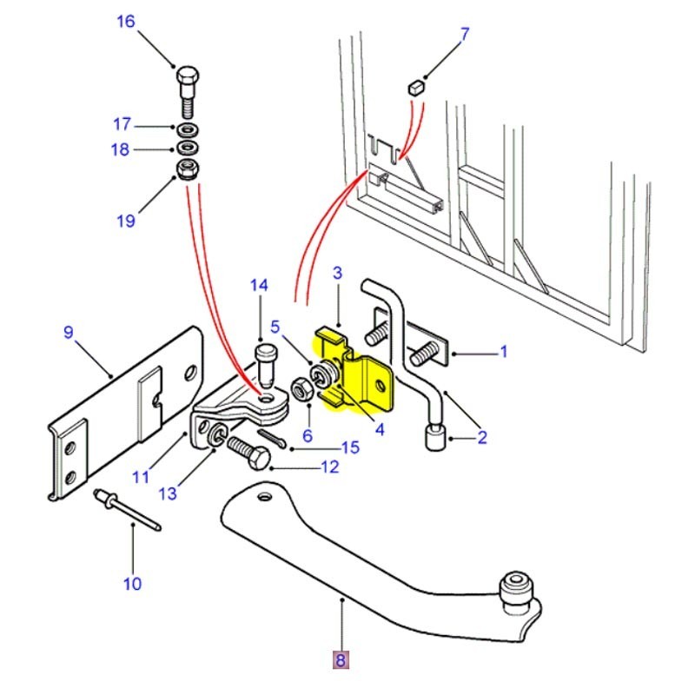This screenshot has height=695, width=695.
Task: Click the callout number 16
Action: pos(126,21)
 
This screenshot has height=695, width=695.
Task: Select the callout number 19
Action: pos(126,221)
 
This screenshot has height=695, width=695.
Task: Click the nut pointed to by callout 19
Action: pos(187,168)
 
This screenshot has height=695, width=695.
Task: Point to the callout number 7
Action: pos(464,35)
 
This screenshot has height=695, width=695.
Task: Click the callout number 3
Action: pos(339,274)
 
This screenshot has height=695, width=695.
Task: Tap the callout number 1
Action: pos(502,353)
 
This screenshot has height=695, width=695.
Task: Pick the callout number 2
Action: pos(481,438)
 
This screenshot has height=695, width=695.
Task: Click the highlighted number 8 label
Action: pos(340,661)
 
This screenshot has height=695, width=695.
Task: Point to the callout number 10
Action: pos(132,584)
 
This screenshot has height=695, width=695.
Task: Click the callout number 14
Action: pos(260,285)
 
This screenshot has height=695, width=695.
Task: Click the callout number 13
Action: pos(168,493)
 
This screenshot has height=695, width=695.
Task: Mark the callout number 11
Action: pos(141,476)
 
